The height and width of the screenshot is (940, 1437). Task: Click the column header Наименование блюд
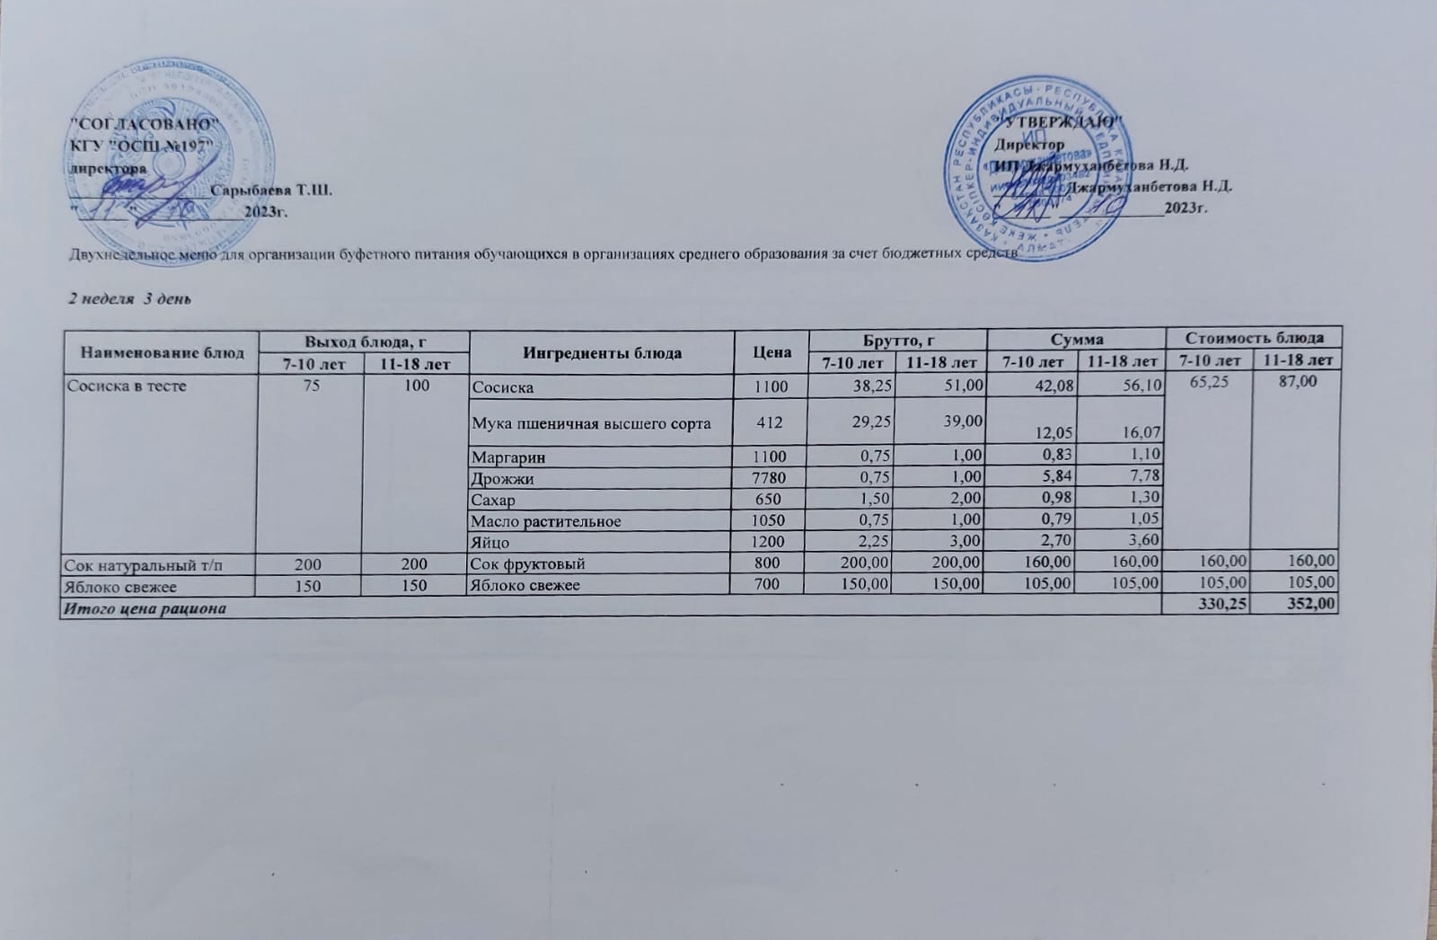[x=163, y=352]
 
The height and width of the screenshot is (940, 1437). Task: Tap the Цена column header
[x=772, y=352]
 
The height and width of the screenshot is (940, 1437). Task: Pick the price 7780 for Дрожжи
[x=771, y=479]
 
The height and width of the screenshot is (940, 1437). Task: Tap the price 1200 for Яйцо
[x=771, y=542]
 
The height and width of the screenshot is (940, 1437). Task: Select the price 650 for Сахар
[x=771, y=500]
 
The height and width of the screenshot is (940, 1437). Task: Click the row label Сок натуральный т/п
[x=124, y=564]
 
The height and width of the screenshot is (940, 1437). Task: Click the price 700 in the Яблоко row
[x=771, y=586]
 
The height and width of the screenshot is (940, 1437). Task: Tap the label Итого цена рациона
[x=143, y=608]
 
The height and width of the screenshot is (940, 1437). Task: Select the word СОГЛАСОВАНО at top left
[x=145, y=123]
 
